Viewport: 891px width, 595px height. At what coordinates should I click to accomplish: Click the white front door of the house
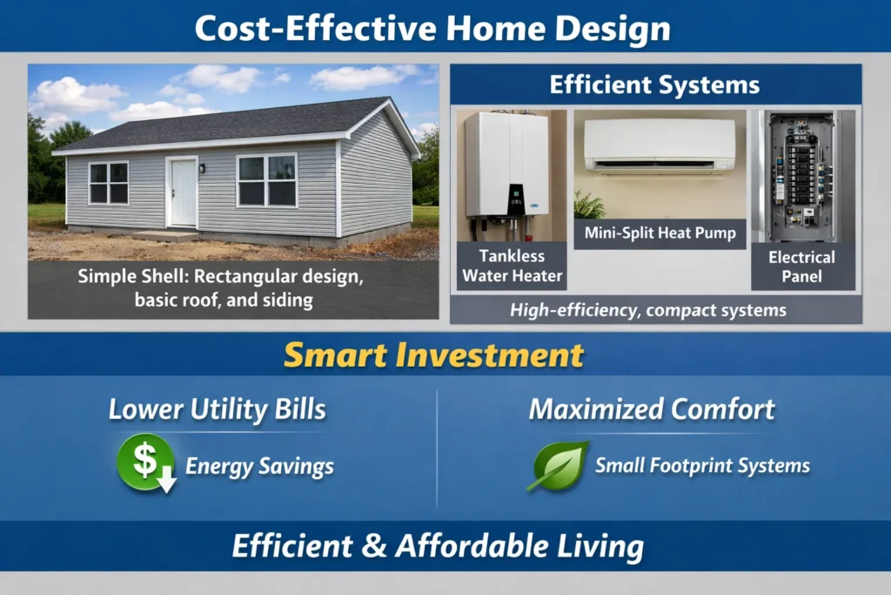point(184,193)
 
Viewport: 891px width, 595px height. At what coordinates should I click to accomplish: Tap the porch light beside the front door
point(202,168)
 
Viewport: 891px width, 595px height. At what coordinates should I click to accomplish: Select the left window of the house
point(109,183)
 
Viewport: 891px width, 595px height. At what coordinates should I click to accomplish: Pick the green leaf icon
point(558,466)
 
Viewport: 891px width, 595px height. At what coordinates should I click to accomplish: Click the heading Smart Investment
point(433,355)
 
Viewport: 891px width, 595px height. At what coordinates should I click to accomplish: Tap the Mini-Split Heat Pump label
point(660,233)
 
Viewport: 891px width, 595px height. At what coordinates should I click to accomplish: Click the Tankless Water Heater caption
point(512,266)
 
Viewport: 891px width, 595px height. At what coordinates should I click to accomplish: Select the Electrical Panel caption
point(801,267)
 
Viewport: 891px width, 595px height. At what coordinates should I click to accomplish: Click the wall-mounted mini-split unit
point(660,145)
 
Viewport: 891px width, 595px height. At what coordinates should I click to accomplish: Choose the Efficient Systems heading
point(654,85)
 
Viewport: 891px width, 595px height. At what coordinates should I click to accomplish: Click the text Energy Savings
point(259,466)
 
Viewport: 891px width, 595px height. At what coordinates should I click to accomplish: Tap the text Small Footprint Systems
point(702,466)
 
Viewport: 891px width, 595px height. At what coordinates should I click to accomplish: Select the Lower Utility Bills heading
point(217,409)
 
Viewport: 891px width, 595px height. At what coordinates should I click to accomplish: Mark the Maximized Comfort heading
point(652,409)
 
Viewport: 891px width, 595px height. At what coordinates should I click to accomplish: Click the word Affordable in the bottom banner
point(472,546)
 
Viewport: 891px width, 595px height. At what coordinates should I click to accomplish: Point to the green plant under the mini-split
point(589,206)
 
